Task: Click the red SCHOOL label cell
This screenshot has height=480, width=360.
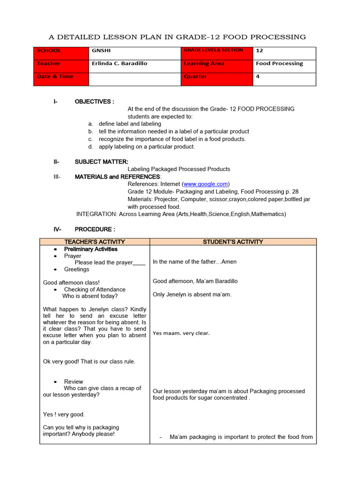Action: click(x=61, y=53)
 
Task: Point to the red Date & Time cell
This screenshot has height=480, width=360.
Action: click(x=61, y=79)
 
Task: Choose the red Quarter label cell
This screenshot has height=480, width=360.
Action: click(x=217, y=79)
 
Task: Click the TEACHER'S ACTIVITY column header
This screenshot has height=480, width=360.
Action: click(x=95, y=242)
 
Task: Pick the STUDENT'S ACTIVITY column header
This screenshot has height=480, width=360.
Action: click(x=233, y=242)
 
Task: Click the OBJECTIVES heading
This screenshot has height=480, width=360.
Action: click(x=94, y=102)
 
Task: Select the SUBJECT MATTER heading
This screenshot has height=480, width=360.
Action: click(x=101, y=162)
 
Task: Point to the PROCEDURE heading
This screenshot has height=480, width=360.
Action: click(x=95, y=229)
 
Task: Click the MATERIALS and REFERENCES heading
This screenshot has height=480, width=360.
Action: click(x=118, y=177)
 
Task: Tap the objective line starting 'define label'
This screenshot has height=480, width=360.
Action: click(x=130, y=124)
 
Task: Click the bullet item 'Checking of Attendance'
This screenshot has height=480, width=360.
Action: click(x=95, y=290)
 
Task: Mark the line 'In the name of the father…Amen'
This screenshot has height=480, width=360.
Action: click(x=195, y=262)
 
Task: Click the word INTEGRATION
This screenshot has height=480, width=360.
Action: click(x=97, y=214)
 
